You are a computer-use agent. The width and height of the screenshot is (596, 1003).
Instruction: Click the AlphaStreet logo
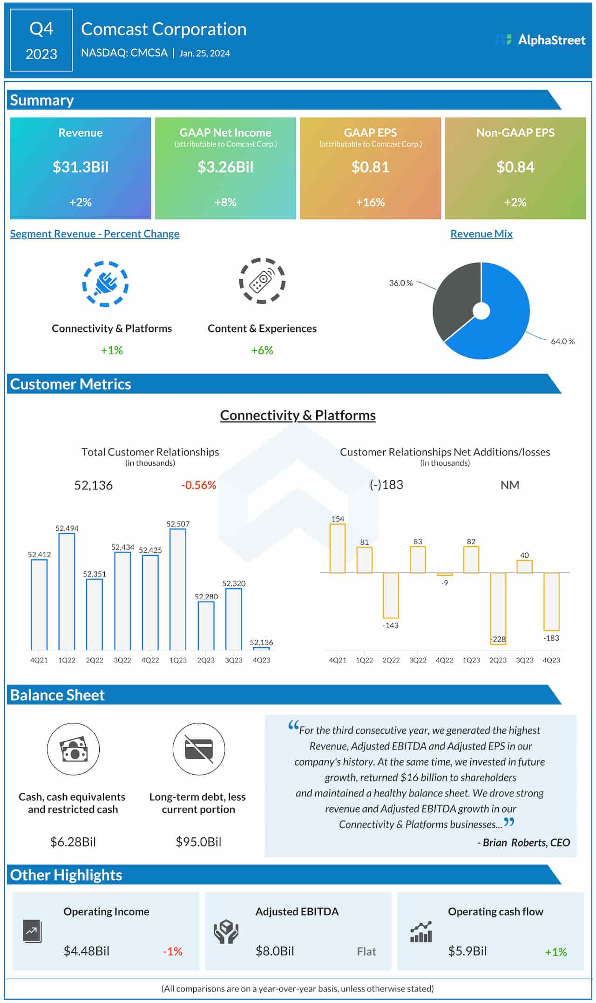[540, 40]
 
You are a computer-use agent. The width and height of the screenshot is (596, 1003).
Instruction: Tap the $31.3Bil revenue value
[81, 167]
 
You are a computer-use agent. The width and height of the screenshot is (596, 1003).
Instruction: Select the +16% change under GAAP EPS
[370, 202]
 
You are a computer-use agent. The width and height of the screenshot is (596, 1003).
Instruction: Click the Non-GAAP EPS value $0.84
[515, 167]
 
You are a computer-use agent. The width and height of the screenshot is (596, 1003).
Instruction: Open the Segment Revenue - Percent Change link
[95, 234]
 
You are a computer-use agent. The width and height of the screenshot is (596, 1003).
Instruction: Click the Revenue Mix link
[481, 234]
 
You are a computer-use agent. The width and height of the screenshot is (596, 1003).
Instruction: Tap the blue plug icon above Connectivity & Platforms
[105, 284]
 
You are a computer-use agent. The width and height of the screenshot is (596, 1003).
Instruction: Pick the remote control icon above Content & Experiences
[262, 281]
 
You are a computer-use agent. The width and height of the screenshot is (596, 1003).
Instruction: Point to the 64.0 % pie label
[562, 341]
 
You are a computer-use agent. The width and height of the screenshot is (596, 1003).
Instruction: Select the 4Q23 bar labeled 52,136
[261, 649]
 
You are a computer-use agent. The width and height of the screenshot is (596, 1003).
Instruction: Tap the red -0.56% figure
[199, 485]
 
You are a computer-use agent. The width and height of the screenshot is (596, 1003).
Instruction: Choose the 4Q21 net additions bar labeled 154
[338, 548]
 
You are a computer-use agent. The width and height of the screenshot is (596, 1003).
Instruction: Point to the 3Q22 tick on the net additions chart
[418, 660]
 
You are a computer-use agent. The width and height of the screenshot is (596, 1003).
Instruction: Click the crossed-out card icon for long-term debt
[199, 749]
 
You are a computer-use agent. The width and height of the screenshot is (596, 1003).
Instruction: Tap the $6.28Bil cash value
[73, 842]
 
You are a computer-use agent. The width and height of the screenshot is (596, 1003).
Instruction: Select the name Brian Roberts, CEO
[523, 843]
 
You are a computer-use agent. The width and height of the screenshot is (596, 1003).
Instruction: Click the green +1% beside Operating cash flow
[555, 952]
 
